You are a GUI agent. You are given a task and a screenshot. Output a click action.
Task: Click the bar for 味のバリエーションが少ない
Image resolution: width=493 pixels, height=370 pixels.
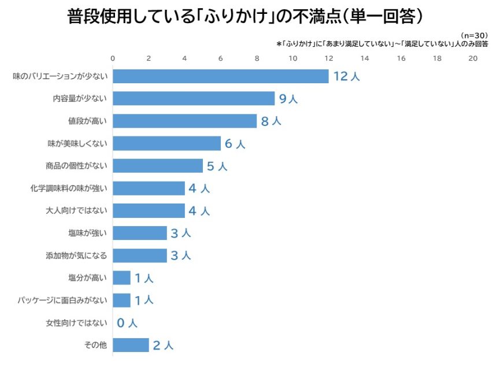pos(220,76)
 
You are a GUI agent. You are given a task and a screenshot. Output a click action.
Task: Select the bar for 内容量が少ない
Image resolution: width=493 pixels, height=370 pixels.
pos(194,99)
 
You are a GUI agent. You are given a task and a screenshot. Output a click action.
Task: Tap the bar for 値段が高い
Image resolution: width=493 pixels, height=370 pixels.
pos(184,121)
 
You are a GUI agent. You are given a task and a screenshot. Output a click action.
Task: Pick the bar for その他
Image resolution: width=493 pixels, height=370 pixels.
pos(131,345)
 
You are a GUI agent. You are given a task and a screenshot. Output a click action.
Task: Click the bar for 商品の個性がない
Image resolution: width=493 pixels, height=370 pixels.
pos(158,166)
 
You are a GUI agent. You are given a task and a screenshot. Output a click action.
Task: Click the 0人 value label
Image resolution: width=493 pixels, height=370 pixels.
pos(127,323)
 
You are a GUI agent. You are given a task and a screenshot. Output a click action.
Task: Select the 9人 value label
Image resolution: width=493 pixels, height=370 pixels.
pos(288,99)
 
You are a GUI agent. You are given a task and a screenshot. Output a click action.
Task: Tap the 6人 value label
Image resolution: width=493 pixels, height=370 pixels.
pos(234,144)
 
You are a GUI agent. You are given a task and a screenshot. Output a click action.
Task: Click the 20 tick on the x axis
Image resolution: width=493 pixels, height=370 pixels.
pos(473,58)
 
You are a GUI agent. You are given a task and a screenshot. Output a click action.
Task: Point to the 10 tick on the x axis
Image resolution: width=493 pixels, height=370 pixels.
pos(292,58)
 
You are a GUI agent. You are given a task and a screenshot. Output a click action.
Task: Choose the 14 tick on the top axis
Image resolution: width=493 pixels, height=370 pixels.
pos(365,58)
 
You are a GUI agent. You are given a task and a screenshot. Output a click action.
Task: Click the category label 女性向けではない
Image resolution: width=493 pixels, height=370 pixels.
pos(76,323)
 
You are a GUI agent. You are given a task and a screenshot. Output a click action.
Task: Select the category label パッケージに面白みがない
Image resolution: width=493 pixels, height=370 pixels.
pos(62,301)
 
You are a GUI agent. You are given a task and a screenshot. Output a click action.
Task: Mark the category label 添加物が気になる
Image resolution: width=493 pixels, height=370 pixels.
pos(76,256)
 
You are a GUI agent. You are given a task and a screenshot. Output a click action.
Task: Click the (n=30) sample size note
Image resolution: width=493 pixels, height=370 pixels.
pos(473,35)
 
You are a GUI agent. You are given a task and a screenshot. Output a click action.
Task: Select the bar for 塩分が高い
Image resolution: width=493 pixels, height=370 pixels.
pos(121,278)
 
